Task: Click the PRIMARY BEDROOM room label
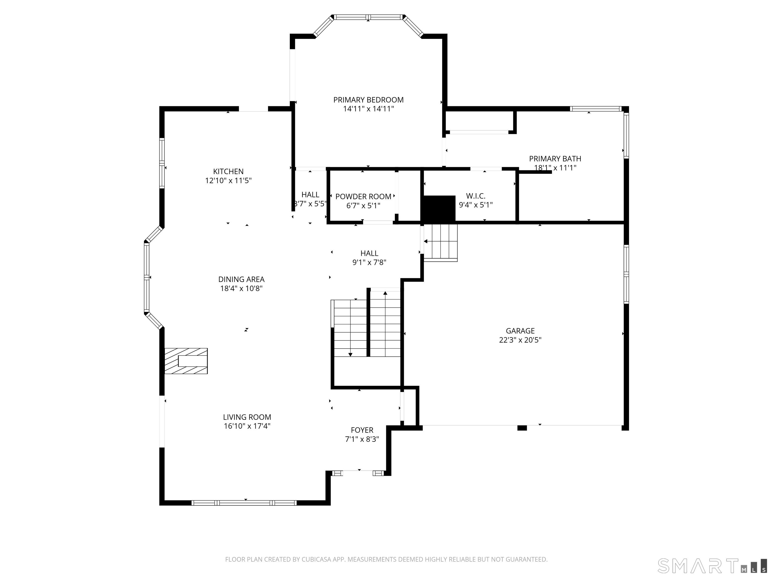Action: point(368,100)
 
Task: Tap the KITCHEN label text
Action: point(228,171)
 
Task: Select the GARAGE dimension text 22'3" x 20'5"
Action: point(520,340)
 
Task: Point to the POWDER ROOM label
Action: point(363,197)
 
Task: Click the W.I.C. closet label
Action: point(476,196)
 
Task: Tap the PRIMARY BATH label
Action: point(555,159)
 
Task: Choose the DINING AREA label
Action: point(241,279)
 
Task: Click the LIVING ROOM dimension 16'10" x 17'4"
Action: point(247,426)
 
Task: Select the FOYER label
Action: point(362,430)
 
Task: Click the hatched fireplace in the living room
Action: point(186,361)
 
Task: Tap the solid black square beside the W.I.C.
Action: point(439,208)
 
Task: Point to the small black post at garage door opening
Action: point(522,428)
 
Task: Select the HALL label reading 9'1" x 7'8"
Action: point(369,258)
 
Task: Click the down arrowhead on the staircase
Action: point(350,355)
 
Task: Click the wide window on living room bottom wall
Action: point(244,503)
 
